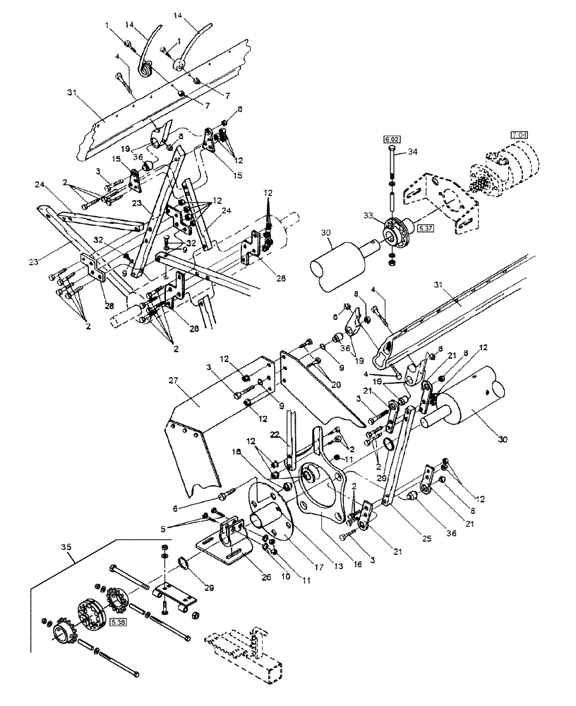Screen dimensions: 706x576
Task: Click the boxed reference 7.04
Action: pos(518,134)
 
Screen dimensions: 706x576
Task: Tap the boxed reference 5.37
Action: pos(426,229)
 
